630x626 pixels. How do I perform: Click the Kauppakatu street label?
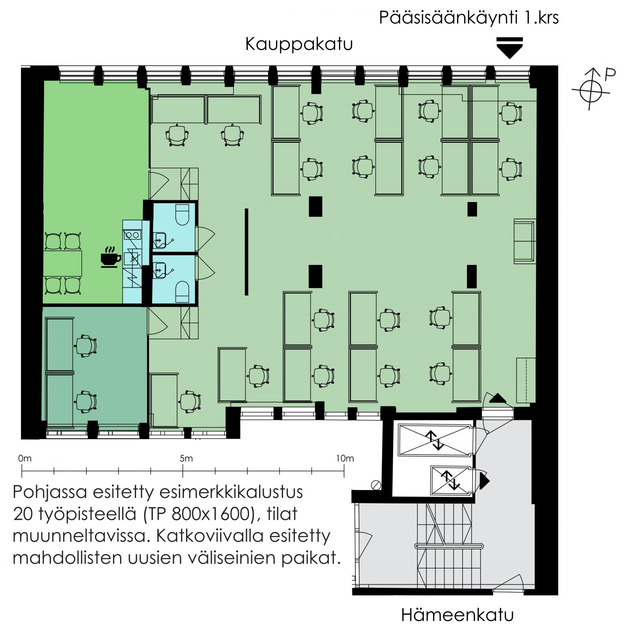tap(299, 44)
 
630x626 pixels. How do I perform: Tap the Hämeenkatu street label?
tap(457, 615)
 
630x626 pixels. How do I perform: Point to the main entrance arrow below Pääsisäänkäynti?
tap(509, 48)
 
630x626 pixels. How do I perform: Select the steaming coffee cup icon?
tap(110, 257)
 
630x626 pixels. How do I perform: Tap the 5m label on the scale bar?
tap(186, 458)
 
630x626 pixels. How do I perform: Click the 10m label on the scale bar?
tap(345, 458)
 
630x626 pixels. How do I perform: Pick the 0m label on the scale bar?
tap(25, 458)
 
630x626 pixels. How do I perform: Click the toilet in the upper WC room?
tap(183, 215)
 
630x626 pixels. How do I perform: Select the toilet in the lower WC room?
tap(182, 291)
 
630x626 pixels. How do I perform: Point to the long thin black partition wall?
tap(247, 252)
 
